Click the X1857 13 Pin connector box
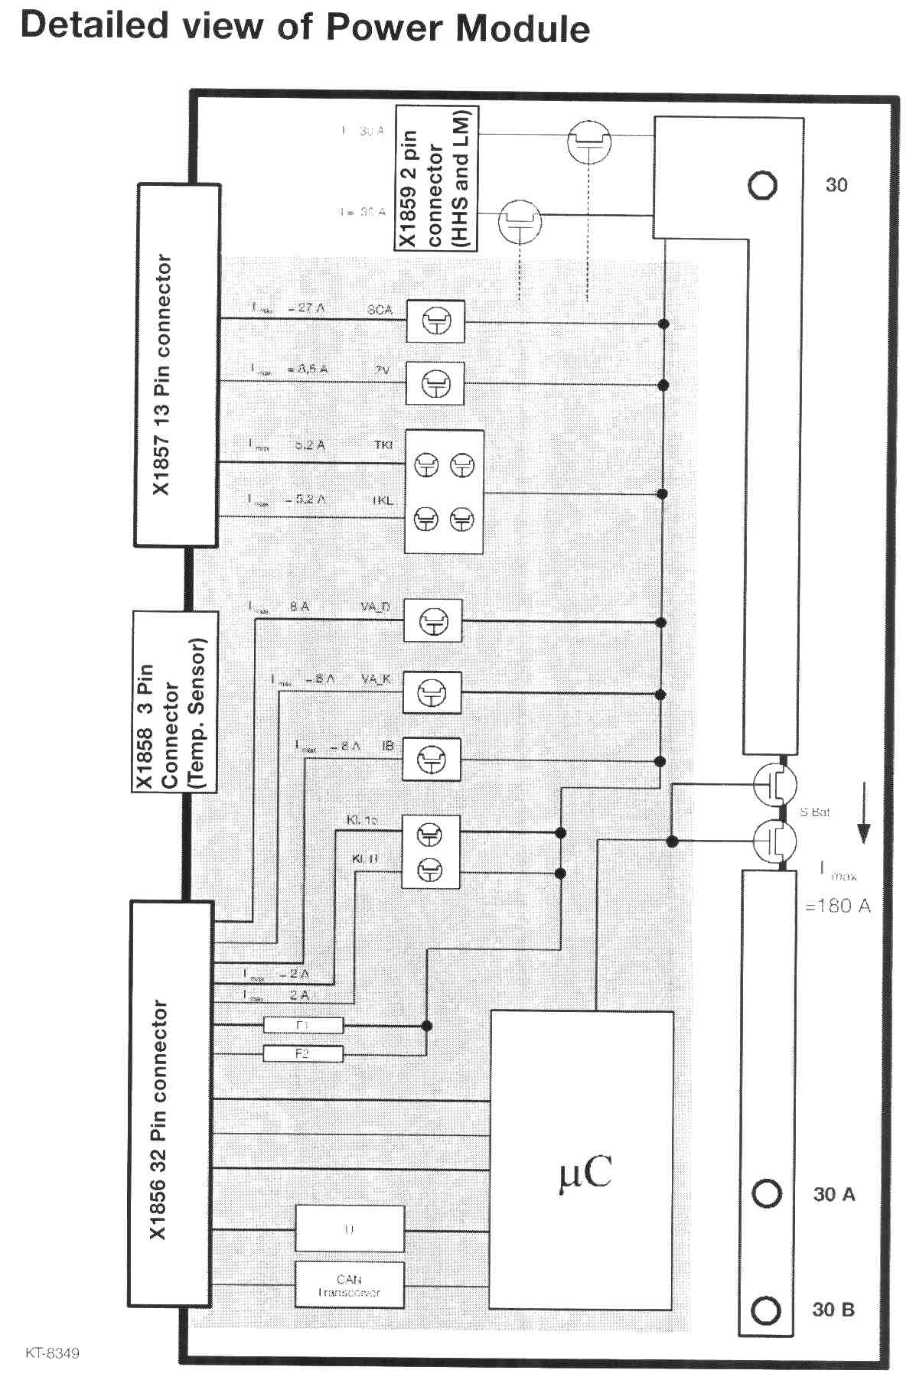[177, 365]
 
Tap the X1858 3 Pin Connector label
[174, 702]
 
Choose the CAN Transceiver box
[349, 1285]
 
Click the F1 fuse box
[303, 1025]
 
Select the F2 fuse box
[303, 1053]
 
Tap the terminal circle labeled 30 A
[766, 1193]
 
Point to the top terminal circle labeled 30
[761, 185]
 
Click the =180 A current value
[838, 906]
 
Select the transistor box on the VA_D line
[433, 622]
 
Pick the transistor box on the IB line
[432, 759]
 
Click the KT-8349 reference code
[52, 1352]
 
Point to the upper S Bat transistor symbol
[774, 785]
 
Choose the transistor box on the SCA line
[435, 321]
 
